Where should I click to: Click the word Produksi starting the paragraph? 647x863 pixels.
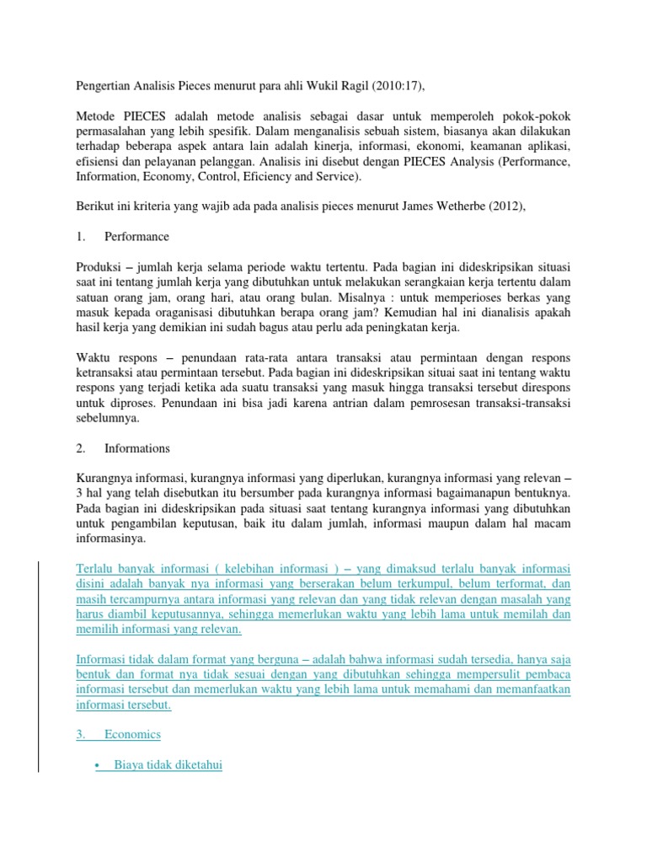click(x=100, y=266)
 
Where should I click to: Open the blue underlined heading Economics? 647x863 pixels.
click(x=132, y=734)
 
